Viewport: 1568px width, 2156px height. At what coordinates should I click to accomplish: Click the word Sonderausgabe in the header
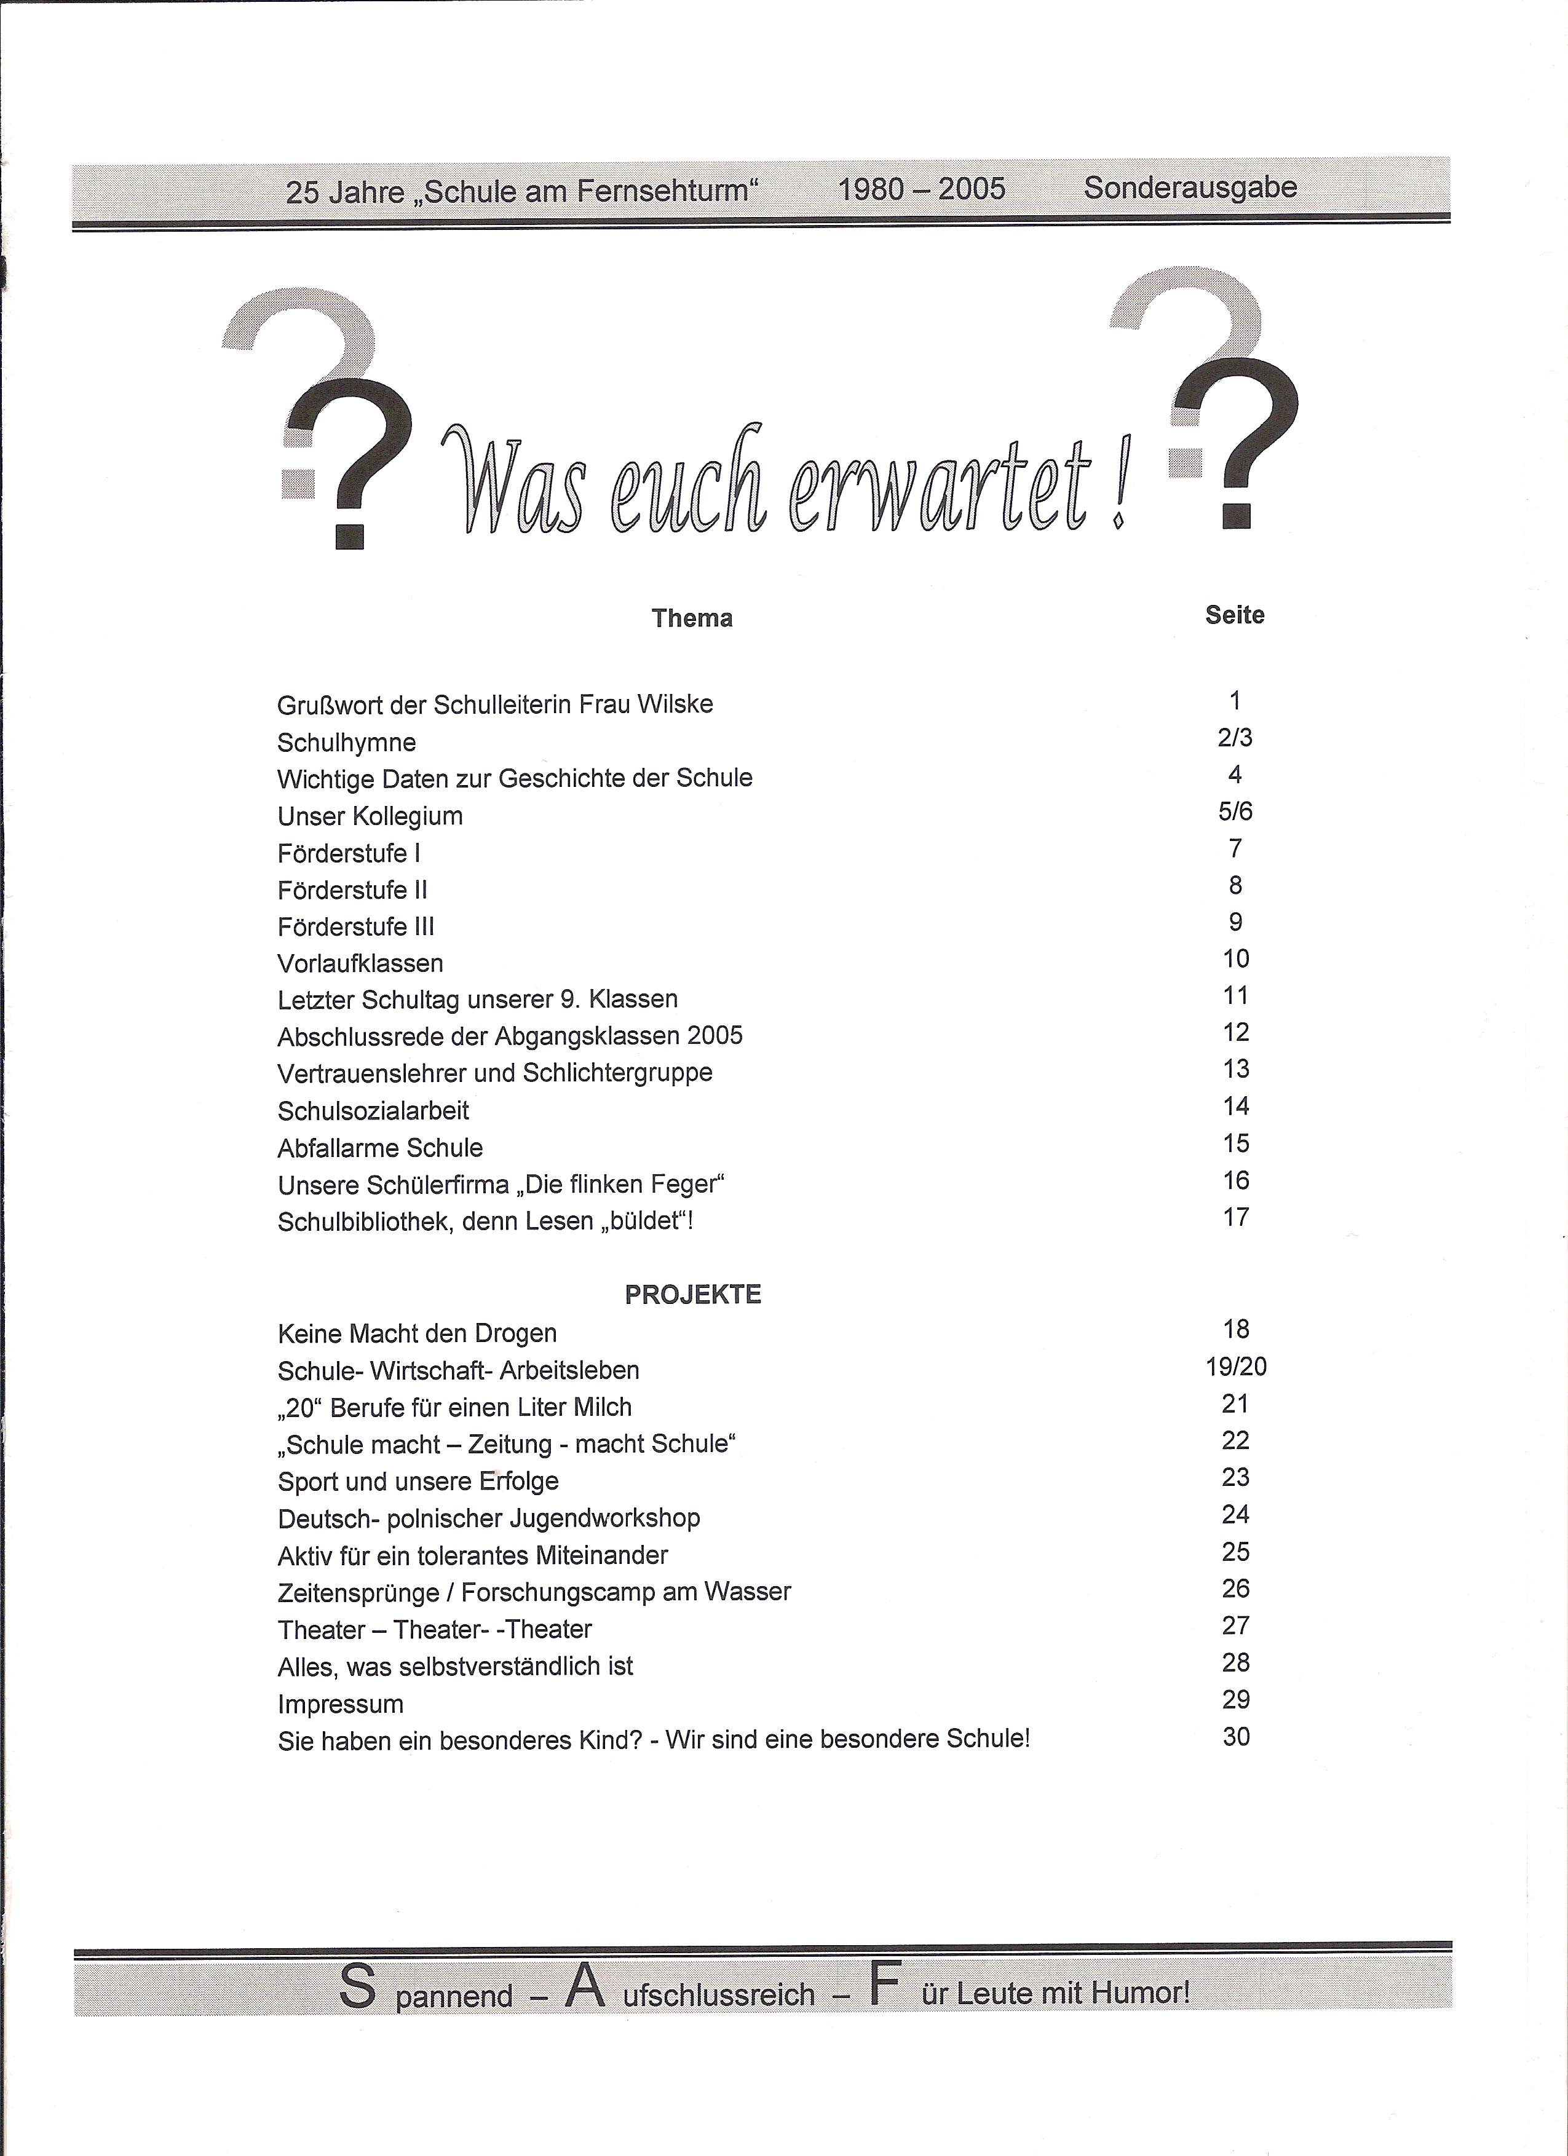[x=1190, y=188]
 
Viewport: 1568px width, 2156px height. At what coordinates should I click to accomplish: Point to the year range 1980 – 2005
[x=921, y=189]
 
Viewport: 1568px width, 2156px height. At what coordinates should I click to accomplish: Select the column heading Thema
[x=692, y=619]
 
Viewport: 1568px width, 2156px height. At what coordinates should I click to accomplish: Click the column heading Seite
[x=1234, y=615]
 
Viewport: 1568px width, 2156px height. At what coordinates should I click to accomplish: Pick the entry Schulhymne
[x=346, y=743]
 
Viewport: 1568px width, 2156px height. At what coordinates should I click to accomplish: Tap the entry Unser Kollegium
[x=370, y=816]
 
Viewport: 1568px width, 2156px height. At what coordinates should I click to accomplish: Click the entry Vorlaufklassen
[x=360, y=964]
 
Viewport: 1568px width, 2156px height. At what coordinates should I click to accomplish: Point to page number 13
[x=1235, y=1070]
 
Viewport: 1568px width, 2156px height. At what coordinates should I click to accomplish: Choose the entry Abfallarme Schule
[x=381, y=1148]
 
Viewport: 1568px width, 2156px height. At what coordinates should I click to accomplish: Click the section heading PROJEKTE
[x=692, y=1295]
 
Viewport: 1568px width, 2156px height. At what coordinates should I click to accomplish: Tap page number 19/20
[x=1235, y=1367]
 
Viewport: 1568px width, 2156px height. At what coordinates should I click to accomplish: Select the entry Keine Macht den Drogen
[x=418, y=1333]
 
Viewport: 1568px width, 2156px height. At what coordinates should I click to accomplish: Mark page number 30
[x=1235, y=1737]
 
